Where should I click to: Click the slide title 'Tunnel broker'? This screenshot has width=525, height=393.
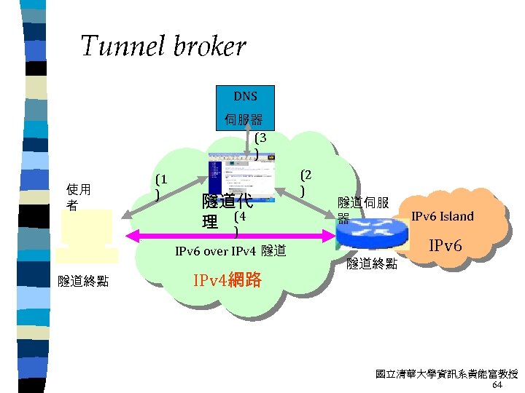(163, 47)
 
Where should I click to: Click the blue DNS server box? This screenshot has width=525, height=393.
(245, 108)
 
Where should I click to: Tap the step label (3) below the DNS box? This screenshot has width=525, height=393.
(260, 145)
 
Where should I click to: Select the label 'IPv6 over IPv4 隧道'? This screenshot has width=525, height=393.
(230, 252)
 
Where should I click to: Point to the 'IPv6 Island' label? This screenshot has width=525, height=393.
(443, 216)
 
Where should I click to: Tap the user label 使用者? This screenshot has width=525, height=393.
(78, 197)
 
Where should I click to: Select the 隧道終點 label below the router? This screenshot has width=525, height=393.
(372, 263)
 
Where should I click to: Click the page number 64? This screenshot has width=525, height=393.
(497, 385)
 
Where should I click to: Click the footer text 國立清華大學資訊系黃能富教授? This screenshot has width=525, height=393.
(446, 374)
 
